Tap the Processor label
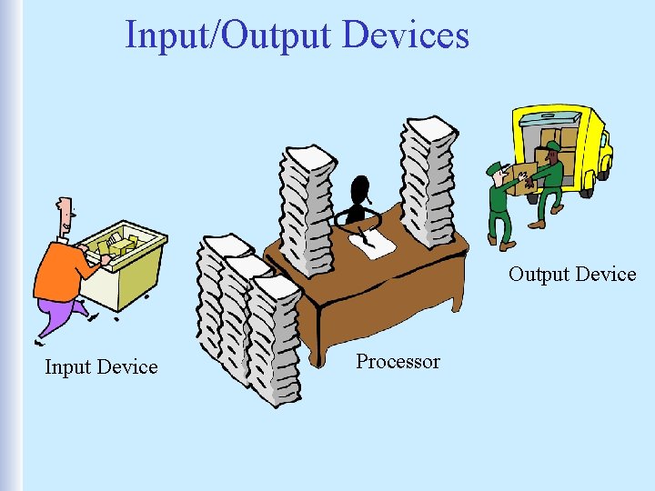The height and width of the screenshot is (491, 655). [x=398, y=361]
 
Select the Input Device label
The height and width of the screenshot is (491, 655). [x=101, y=366]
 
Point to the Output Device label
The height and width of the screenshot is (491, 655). [x=572, y=274]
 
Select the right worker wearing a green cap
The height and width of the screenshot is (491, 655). [x=549, y=182]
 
